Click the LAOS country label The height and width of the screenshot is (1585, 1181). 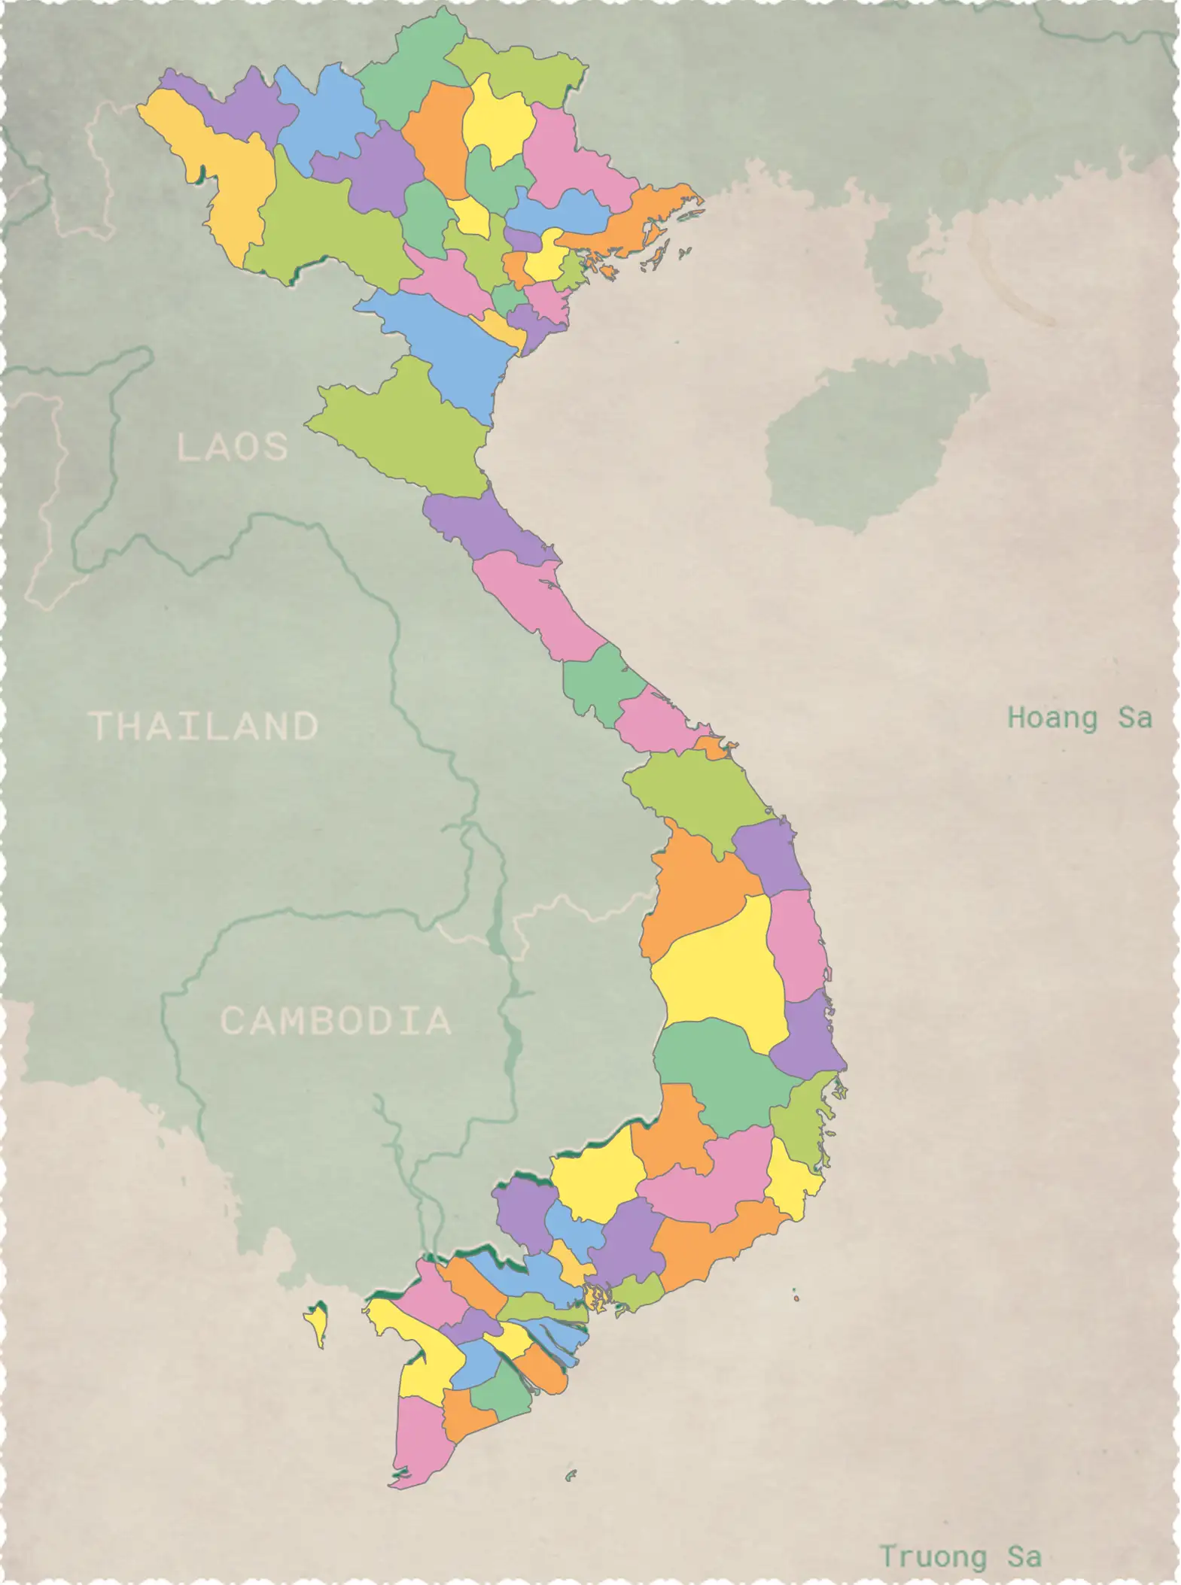point(232,447)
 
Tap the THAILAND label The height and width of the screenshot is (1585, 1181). point(204,727)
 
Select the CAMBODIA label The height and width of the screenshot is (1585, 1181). point(335,1021)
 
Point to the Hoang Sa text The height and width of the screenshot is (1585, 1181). point(1079,718)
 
